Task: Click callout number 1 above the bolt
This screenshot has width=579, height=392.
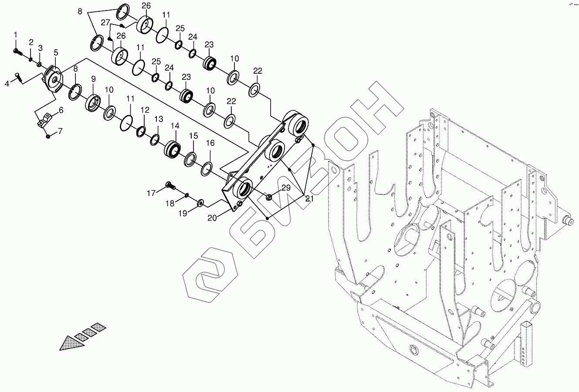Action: click(x=16, y=34)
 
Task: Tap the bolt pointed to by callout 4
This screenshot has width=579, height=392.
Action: click(x=18, y=77)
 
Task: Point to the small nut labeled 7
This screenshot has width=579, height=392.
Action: click(x=48, y=136)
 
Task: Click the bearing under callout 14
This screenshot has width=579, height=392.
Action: click(x=173, y=149)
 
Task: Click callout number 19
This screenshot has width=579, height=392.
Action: click(x=182, y=213)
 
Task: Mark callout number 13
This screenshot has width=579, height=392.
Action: click(x=159, y=119)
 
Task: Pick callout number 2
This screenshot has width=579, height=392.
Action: click(x=31, y=42)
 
